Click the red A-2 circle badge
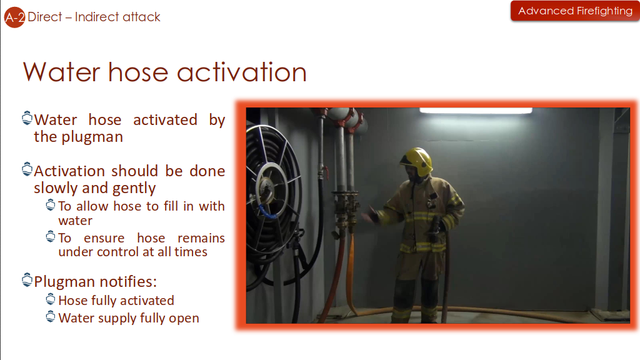pyautogui.click(x=14, y=17)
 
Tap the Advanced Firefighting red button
pyautogui.click(x=575, y=11)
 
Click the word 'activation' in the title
pyautogui.click(x=242, y=72)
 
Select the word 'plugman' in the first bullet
pyautogui.click(x=92, y=137)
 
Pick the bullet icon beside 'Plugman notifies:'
pyautogui.click(x=27, y=280)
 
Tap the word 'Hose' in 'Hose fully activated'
pyautogui.click(x=73, y=301)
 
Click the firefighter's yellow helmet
pyautogui.click(x=416, y=161)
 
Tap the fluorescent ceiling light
pyautogui.click(x=476, y=110)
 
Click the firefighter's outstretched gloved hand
pyautogui.click(x=372, y=214)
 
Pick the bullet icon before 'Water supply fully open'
pyautogui.click(x=51, y=317)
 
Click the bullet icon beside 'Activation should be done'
pyautogui.click(x=27, y=169)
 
